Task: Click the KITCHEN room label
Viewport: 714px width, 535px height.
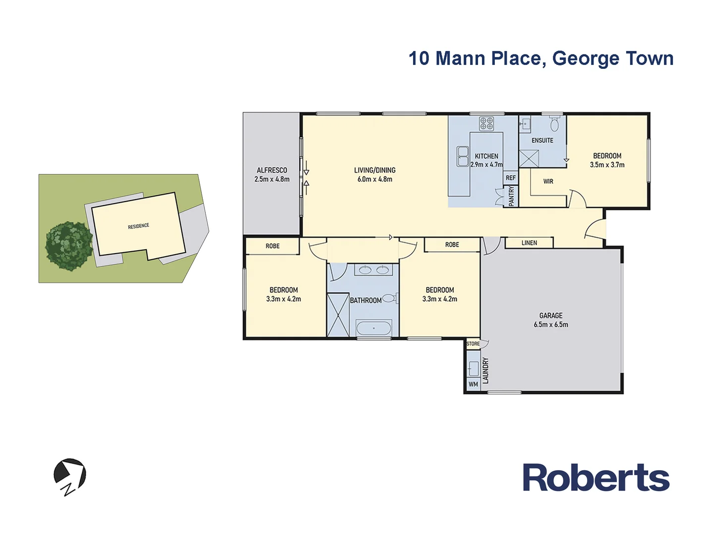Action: click(x=486, y=156)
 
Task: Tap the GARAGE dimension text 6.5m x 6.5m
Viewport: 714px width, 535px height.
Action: click(x=551, y=325)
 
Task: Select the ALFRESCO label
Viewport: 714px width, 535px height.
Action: click(x=272, y=170)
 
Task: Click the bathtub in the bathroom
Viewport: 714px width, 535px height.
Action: click(x=374, y=328)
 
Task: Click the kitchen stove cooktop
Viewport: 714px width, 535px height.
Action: click(x=486, y=123)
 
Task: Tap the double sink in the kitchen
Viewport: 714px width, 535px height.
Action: click(x=463, y=157)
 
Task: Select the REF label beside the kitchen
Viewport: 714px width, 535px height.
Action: click(x=511, y=178)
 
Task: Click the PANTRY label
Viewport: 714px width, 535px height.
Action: click(x=512, y=196)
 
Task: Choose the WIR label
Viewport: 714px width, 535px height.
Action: click(x=548, y=182)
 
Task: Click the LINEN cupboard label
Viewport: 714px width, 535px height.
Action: click(x=529, y=243)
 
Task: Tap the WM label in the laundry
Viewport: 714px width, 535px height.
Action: click(x=473, y=384)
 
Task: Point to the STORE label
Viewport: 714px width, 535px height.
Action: click(x=473, y=344)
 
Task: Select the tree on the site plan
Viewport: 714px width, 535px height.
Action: click(x=69, y=246)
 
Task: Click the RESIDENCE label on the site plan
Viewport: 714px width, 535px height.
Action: click(x=138, y=226)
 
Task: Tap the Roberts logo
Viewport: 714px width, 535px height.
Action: click(x=596, y=478)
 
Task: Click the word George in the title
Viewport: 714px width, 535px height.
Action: click(x=586, y=58)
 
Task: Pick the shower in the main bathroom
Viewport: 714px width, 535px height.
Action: click(x=338, y=315)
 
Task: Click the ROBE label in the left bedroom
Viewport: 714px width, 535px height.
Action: click(x=272, y=246)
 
